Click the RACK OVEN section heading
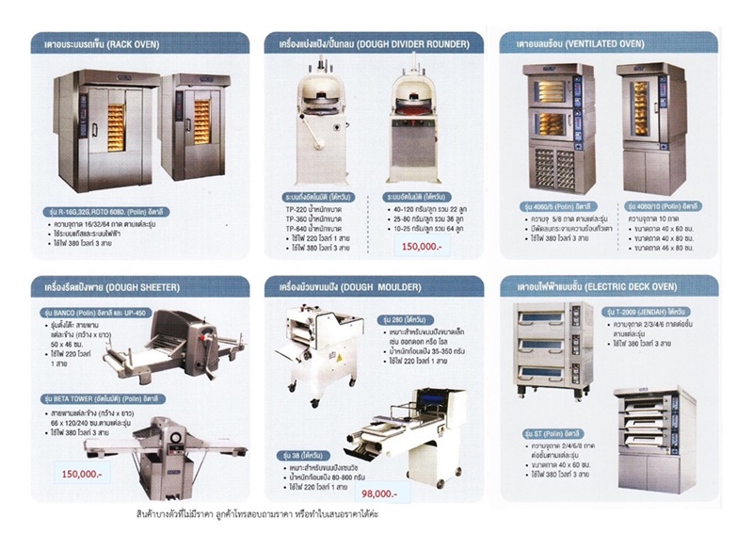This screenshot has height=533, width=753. (95, 43)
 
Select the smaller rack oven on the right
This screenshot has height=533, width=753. (197, 124)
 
